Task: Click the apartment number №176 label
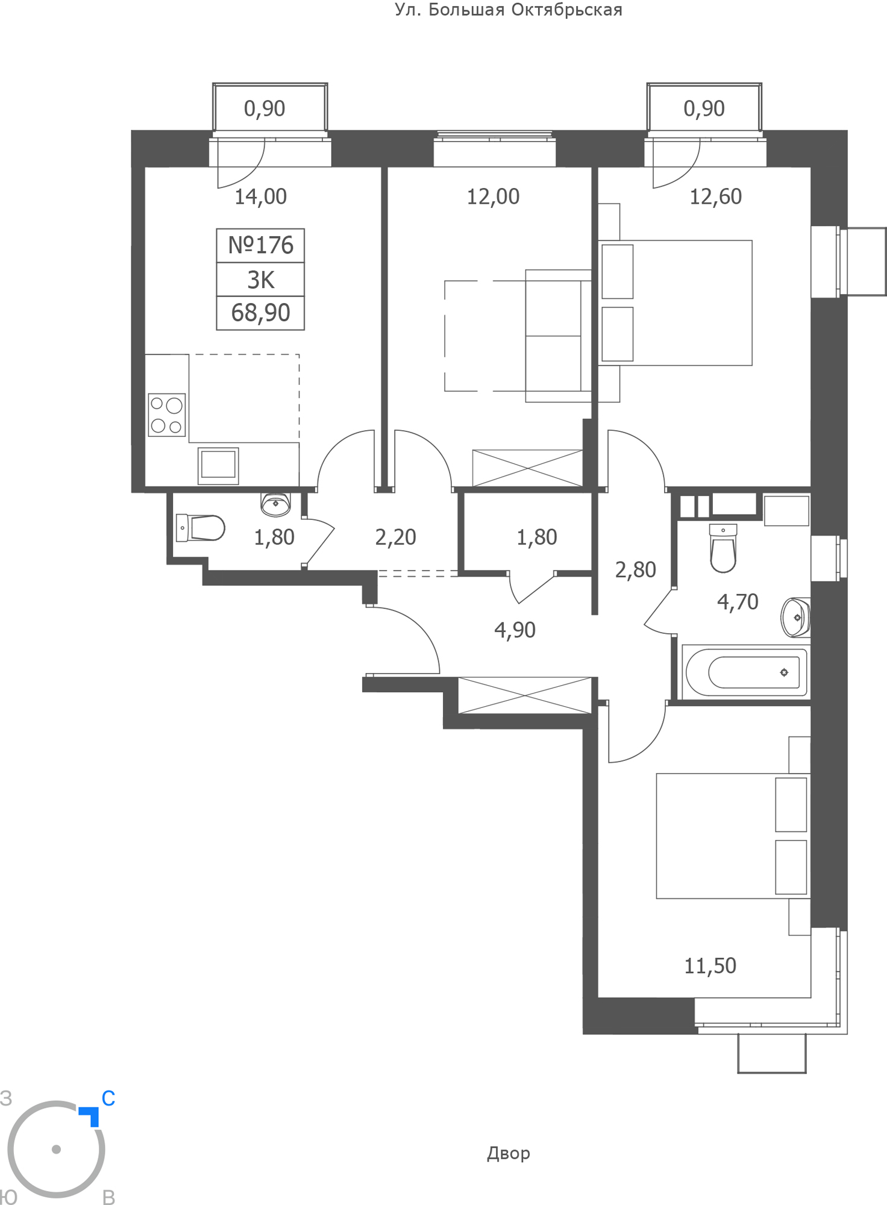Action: [260, 245]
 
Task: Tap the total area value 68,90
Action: [260, 313]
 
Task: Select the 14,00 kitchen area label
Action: [260, 196]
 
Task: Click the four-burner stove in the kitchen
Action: [167, 415]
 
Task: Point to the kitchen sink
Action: [218, 465]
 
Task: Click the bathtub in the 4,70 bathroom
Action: [746, 671]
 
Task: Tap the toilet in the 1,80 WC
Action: [200, 528]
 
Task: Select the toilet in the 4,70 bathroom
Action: [723, 548]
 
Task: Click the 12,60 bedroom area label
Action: [715, 196]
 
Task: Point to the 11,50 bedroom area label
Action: [710, 966]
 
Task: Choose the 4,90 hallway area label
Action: [515, 630]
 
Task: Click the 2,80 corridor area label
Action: [635, 569]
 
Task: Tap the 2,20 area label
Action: [395, 537]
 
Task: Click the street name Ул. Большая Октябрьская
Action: [509, 10]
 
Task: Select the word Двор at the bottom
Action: [509, 1153]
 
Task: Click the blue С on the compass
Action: [108, 1098]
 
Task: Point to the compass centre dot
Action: [57, 1149]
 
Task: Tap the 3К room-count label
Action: [260, 280]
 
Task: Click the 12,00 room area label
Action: [493, 196]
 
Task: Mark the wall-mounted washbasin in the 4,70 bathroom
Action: [795, 617]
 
